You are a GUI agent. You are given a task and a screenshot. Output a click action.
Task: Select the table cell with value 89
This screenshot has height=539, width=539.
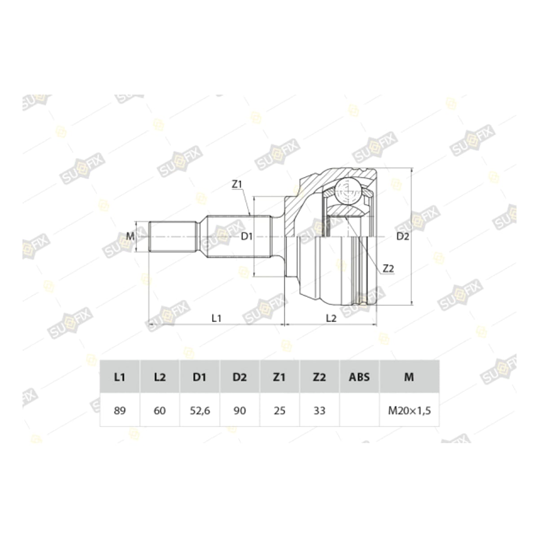tap(120, 411)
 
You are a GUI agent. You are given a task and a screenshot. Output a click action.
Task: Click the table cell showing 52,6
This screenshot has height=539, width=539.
tap(200, 411)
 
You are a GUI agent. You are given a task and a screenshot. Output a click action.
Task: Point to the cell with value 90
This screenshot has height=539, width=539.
tap(240, 411)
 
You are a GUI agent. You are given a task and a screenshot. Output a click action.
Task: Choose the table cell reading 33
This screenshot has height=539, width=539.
tap(319, 411)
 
